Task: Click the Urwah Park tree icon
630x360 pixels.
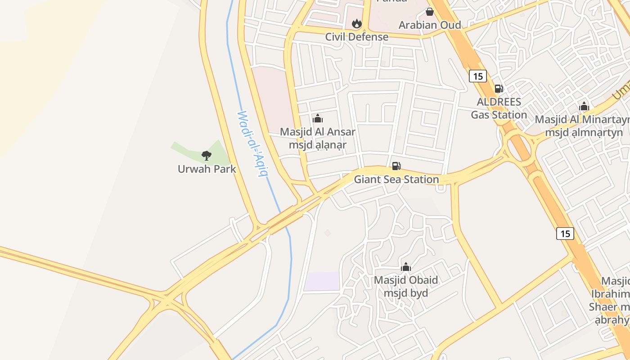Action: pyautogui.click(x=207, y=156)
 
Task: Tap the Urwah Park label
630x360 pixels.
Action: pyautogui.click(x=207, y=169)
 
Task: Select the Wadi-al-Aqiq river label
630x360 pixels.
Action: pyautogui.click(x=252, y=144)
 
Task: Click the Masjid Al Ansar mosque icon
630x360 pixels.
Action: pyautogui.click(x=318, y=119)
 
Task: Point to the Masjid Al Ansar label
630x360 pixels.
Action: pyautogui.click(x=318, y=138)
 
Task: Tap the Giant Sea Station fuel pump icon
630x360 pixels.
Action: pyautogui.click(x=396, y=166)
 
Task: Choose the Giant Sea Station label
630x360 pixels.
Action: pyautogui.click(x=396, y=179)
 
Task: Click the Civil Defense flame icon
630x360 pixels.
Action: pyautogui.click(x=357, y=23)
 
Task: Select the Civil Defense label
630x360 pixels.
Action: pyautogui.click(x=357, y=36)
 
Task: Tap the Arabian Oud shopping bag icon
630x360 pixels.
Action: pyautogui.click(x=430, y=12)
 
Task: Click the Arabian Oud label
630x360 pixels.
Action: pyautogui.click(x=430, y=25)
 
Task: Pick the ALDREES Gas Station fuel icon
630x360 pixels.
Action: pyautogui.click(x=499, y=89)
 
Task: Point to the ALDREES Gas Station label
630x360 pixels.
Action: pyautogui.click(x=499, y=108)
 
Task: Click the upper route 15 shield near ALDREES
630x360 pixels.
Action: pyautogui.click(x=478, y=76)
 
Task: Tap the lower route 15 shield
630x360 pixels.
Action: pyautogui.click(x=565, y=233)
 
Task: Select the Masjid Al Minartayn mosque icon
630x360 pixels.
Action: pyautogui.click(x=584, y=107)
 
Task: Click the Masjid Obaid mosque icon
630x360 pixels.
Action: pyautogui.click(x=406, y=267)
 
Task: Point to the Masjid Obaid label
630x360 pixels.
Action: pyautogui.click(x=406, y=286)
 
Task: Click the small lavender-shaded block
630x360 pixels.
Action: pyautogui.click(x=322, y=281)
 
